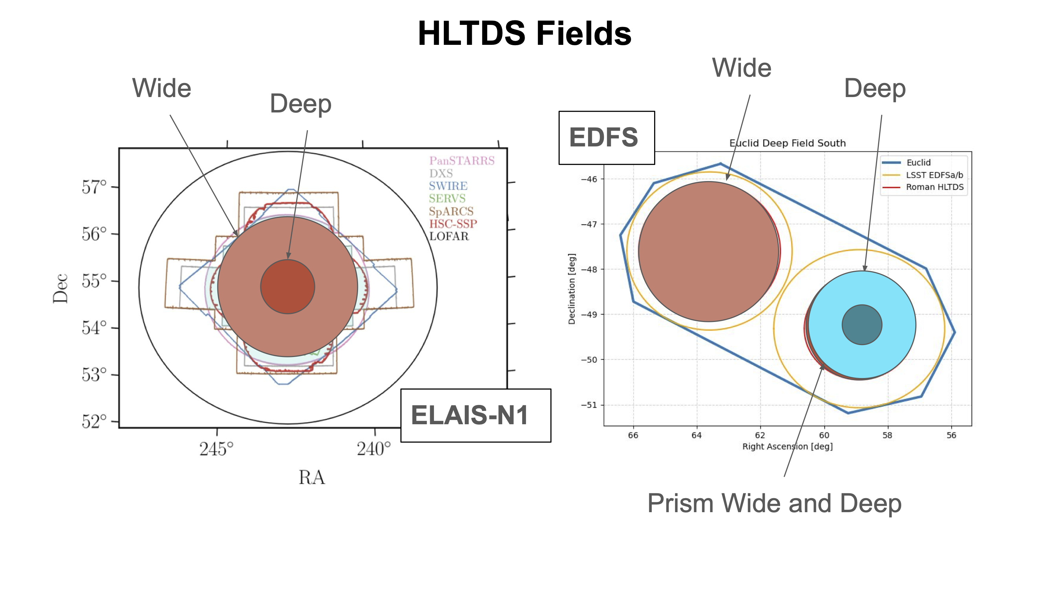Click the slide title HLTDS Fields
pos(525,33)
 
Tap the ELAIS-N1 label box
pos(476,415)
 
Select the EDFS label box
pos(607,137)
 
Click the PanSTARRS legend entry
pos(461,161)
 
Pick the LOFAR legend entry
pos(449,236)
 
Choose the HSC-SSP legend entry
pos(453,224)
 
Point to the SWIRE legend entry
pos(448,186)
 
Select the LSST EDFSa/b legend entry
pos(923,175)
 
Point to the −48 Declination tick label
pos(589,269)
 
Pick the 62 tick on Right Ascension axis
pos(760,435)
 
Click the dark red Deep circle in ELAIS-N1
pos(287,287)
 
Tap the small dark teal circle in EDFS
pos(862,325)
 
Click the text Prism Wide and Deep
pos(775,504)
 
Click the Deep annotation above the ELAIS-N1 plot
pos(301,104)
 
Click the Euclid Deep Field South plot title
pos(787,143)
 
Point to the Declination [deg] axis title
pos(572,289)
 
